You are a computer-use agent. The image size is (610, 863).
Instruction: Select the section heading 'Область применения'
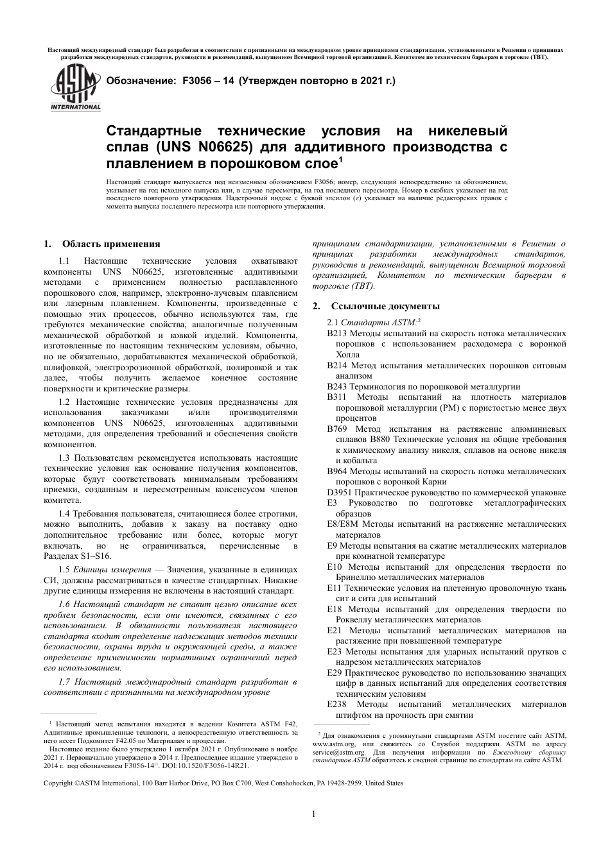click(110, 244)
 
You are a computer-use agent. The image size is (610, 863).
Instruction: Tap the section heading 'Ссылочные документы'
click(385, 306)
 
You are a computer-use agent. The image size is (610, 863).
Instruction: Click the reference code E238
click(336, 704)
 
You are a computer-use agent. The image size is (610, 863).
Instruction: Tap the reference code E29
click(334, 672)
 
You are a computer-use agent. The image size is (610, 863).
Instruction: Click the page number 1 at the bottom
click(314, 814)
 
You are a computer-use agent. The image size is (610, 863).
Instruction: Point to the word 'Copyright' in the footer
click(58, 783)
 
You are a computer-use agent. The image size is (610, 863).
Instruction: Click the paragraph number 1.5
click(64, 569)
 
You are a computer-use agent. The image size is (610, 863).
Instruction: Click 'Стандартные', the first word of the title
click(151, 132)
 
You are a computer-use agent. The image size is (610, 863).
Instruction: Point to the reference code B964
click(336, 471)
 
